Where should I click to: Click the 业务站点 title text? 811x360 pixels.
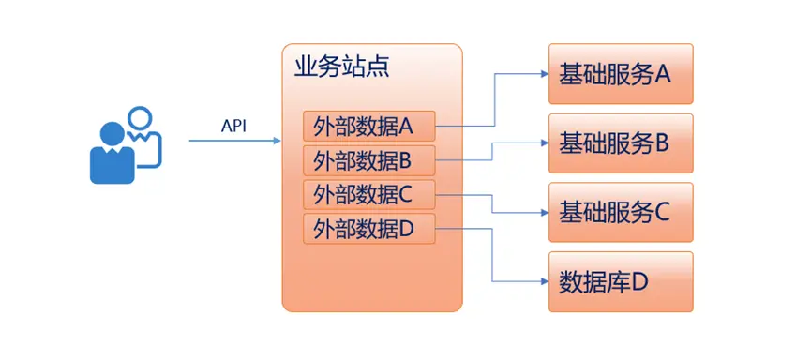(341, 67)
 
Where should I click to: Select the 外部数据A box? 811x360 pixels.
(369, 126)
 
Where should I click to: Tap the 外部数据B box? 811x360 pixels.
(369, 160)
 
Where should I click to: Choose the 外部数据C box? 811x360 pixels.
(369, 195)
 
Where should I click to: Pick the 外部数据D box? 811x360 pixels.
(369, 228)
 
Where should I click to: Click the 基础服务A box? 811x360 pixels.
(621, 73)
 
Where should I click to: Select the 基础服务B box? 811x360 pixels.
(621, 142)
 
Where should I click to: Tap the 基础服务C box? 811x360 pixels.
(621, 212)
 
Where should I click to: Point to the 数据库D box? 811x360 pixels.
(621, 282)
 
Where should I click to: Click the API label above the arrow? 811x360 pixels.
(233, 127)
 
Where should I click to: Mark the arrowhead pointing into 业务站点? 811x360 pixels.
(278, 141)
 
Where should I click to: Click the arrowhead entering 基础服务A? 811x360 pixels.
(545, 74)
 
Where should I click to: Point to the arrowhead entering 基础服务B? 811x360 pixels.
(545, 142)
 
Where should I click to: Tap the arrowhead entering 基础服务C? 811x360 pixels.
(545, 212)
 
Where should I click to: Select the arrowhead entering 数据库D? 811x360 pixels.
(545, 281)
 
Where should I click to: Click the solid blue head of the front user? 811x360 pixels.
(113, 134)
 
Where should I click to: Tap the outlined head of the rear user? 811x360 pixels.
(140, 119)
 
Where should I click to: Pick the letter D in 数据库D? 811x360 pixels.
(639, 282)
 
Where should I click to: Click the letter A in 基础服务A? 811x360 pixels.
(663, 75)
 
